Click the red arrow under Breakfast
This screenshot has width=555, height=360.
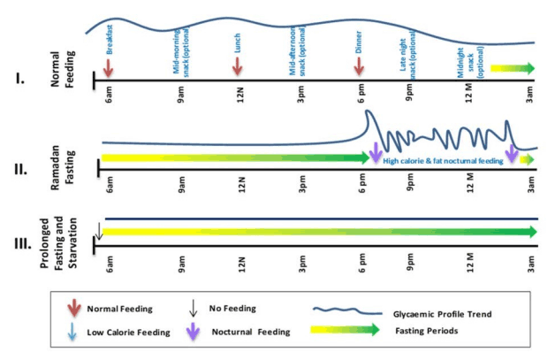coord(108,68)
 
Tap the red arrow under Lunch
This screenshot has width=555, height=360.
coord(237,68)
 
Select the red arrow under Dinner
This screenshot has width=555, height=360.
coord(360,68)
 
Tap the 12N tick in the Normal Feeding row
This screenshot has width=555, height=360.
coord(241,91)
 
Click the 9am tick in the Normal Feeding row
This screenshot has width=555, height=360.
coord(181,91)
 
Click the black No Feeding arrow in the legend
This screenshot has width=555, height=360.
coord(194,309)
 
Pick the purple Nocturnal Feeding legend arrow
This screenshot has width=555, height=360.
coord(194,332)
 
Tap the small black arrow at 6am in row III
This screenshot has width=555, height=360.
coord(100,233)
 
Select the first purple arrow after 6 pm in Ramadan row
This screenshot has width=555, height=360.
coord(376,152)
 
